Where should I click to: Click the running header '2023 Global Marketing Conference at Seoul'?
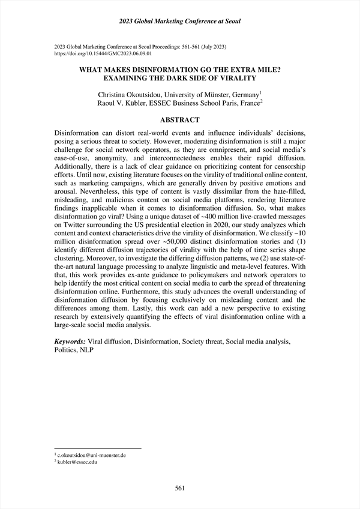tap(180, 22)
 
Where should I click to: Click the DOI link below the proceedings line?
tap(99, 53)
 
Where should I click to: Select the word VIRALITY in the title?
tap(235, 77)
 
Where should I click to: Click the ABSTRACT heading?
tap(180, 119)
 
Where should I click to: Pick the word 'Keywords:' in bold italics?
tap(70, 342)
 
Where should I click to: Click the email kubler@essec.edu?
tap(79, 463)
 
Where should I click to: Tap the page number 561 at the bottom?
tap(180, 488)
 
